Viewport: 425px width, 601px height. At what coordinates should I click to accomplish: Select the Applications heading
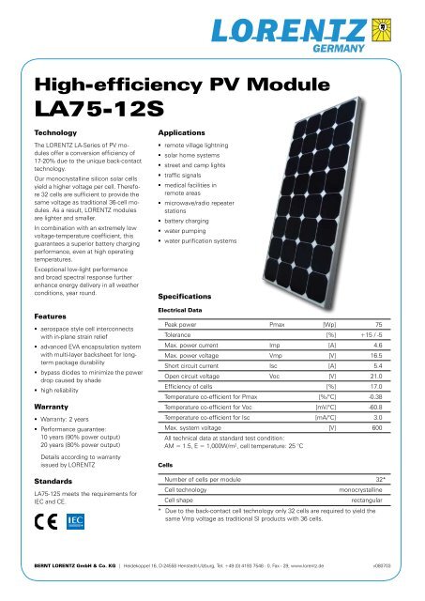point(163,133)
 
